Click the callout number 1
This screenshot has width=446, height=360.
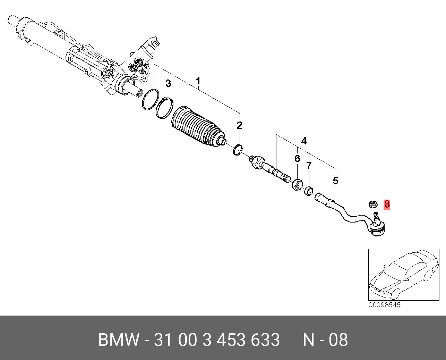tap(198, 82)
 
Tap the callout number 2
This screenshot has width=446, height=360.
tap(239, 125)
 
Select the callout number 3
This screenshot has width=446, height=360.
tap(168, 84)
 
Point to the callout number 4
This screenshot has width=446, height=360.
tap(304, 141)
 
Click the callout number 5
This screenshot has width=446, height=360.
tap(335, 181)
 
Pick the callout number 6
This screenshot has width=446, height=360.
tap(297, 159)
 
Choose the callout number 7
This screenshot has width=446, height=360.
tap(309, 166)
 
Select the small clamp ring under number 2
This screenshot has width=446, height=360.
tap(237, 150)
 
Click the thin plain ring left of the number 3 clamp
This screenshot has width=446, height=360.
tap(151, 99)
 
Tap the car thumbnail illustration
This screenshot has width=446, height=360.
tap(403, 275)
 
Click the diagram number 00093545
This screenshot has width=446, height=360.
tap(384, 305)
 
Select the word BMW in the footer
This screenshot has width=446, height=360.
tap(119, 340)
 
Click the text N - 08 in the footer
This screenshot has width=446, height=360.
tap(325, 340)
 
